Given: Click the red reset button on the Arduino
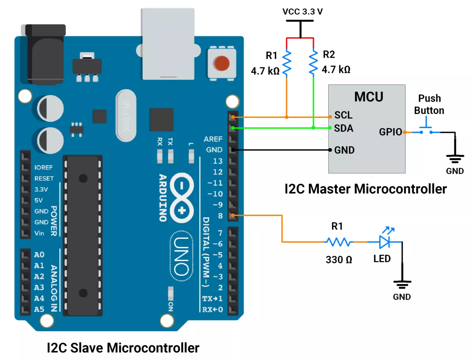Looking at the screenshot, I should click(221, 62).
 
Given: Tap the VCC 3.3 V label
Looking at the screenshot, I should click(303, 11).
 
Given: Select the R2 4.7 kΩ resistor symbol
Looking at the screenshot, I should click(313, 62).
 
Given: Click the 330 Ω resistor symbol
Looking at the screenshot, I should click(338, 242).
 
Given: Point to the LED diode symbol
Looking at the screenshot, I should click(384, 241).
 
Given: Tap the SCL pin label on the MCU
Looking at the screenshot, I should click(344, 115).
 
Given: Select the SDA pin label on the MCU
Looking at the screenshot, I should click(344, 128).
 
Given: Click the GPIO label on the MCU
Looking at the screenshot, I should click(390, 132).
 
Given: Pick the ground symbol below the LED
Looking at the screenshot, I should click(402, 284).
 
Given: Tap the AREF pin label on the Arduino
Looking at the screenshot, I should click(213, 139).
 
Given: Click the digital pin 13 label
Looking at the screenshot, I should click(218, 161).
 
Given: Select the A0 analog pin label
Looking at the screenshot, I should click(39, 254).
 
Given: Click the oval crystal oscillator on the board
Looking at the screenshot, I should click(126, 116).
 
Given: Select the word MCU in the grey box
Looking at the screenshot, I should click(369, 96).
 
